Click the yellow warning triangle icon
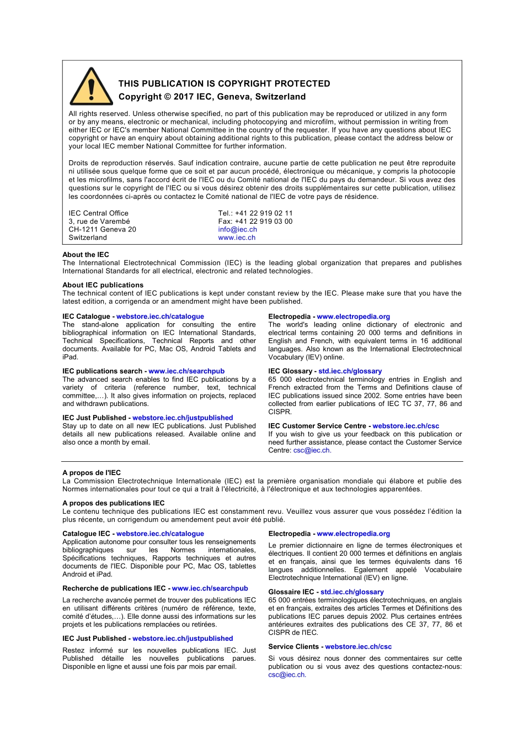coord(91,87)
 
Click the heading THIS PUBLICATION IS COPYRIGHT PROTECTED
coord(224,83)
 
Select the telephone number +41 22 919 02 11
coord(264,213)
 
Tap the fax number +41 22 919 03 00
coord(264,222)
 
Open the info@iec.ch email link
coord(237,230)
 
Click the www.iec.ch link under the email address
coord(237,238)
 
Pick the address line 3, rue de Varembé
coord(99,222)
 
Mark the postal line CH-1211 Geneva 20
coord(102,230)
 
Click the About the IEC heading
coord(85,255)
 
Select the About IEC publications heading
coord(103,285)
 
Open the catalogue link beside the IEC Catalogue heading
coord(160,317)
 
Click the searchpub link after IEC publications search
coord(186,371)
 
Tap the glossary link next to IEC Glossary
coord(350,371)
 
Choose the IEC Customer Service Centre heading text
coord(317,426)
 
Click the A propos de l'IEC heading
coord(92,473)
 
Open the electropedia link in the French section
coord(353,534)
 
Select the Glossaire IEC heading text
coord(291,592)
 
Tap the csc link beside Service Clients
coord(358,646)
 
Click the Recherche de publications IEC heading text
coord(114,588)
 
